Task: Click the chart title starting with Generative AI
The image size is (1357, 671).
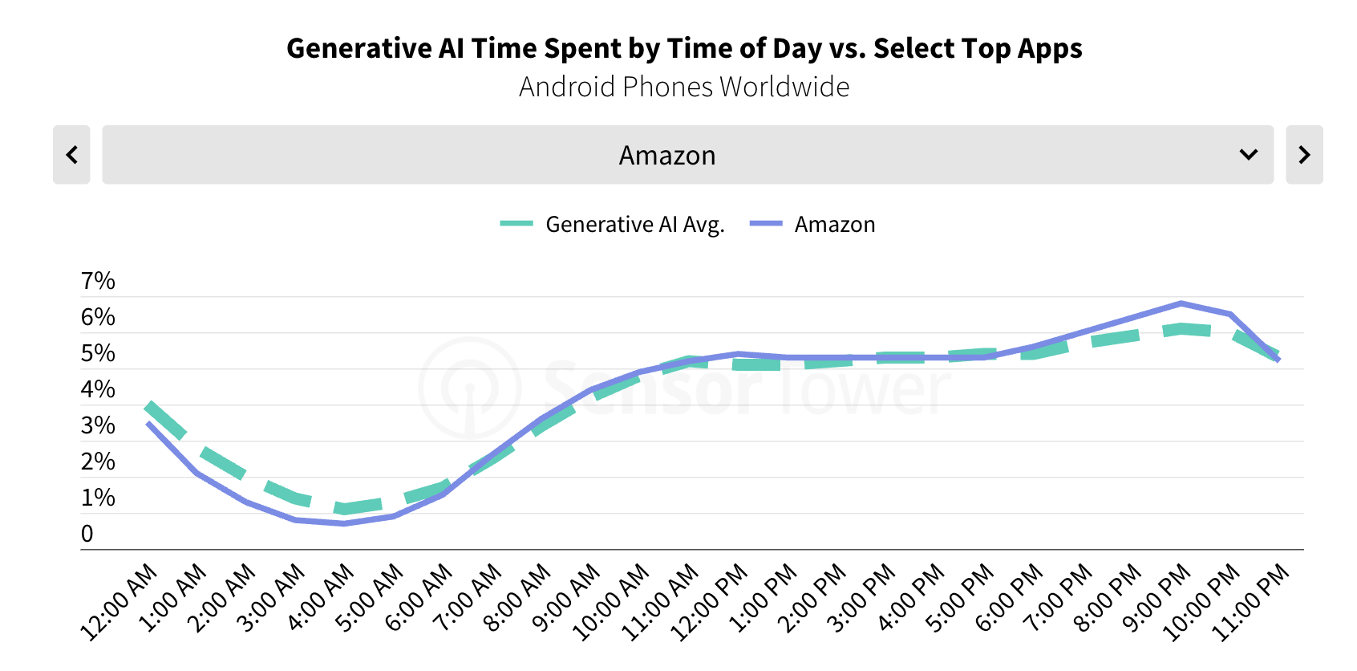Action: coord(684,48)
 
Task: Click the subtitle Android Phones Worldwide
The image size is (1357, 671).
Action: coord(684,87)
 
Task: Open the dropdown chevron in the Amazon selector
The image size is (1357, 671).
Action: coord(1248,155)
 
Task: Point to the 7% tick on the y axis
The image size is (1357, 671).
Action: coord(98,281)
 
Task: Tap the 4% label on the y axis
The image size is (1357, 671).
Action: coord(98,389)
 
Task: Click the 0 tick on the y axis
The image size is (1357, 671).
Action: coord(87,534)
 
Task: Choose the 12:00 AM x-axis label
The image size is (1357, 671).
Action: coord(119,602)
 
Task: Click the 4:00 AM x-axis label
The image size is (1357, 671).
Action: coord(320,598)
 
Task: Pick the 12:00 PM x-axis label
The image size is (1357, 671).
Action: coord(708,602)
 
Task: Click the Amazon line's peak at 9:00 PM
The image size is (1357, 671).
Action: coord(1181,303)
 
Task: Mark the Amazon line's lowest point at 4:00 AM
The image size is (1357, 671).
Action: coord(344,523)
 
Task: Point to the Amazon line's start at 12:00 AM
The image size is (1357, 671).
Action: coord(148,423)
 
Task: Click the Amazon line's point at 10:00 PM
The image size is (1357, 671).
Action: coord(1229,314)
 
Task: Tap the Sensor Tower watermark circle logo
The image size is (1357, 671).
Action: coord(470,388)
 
